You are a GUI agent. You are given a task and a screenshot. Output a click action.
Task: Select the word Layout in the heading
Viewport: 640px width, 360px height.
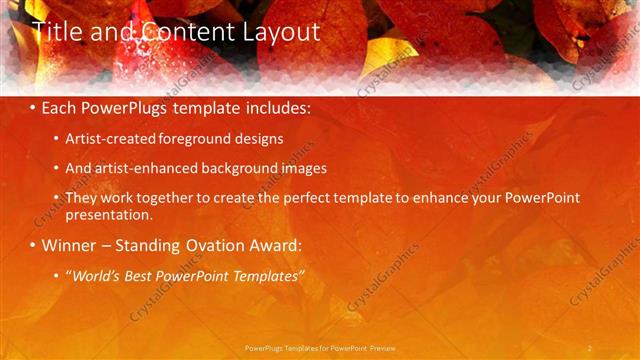282,32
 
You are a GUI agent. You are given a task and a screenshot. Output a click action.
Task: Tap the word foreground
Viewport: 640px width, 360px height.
193,140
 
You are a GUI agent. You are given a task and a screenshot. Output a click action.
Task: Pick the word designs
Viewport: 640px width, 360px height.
258,140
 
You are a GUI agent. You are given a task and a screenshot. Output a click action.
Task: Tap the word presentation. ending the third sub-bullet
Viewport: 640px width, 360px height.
108,215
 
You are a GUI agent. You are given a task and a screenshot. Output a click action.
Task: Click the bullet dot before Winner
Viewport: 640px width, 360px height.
33,246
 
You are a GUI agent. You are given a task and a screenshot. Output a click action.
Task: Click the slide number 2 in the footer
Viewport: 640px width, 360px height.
590,348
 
